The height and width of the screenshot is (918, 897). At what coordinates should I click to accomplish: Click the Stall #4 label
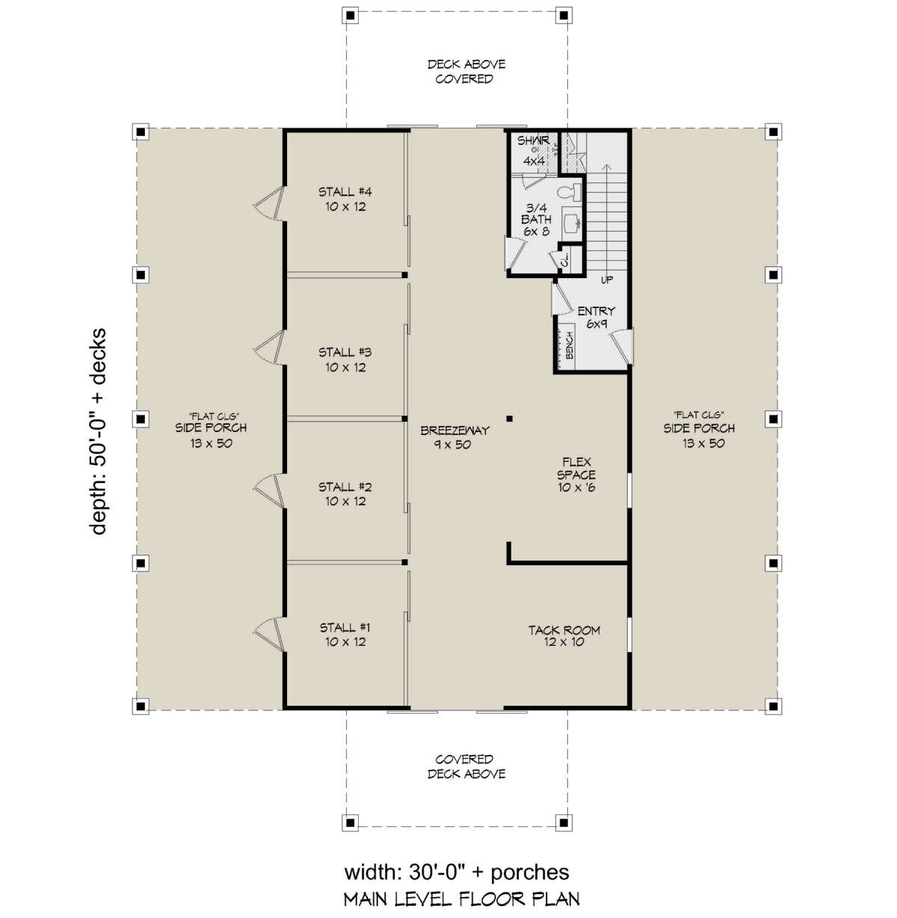tap(345, 199)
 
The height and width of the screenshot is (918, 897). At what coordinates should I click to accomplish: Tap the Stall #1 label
tap(345, 635)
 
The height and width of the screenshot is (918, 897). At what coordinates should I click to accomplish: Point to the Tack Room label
tap(564, 636)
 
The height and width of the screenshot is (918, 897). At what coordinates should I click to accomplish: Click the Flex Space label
tap(576, 475)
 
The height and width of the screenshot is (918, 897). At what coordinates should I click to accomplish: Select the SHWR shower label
tap(534, 141)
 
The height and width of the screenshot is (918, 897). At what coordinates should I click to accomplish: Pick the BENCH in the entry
tap(567, 346)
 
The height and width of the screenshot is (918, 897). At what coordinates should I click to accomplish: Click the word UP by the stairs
tap(607, 280)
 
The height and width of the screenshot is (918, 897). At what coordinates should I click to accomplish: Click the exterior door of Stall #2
tap(270, 490)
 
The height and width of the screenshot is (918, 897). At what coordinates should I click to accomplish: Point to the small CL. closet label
tap(565, 259)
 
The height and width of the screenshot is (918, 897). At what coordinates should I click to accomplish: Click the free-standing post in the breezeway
tap(509, 419)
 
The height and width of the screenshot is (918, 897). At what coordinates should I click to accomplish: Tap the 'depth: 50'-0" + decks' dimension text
tap(98, 431)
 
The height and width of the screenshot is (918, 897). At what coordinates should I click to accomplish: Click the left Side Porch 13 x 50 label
tap(211, 430)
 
